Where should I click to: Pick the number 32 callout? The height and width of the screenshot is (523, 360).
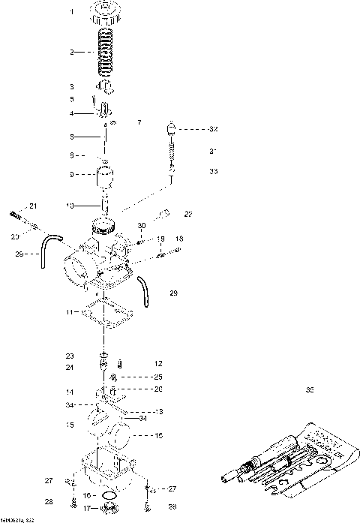tap(213, 129)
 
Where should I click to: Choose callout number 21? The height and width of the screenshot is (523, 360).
tap(33, 206)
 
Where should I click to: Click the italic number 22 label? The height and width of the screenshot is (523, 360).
tap(188, 215)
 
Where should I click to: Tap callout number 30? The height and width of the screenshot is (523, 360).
tap(142, 226)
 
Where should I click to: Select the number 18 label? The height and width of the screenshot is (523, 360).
tap(179, 239)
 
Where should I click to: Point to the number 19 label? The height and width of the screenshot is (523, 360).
tap(161, 239)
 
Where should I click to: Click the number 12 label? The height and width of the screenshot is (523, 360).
tap(158, 363)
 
